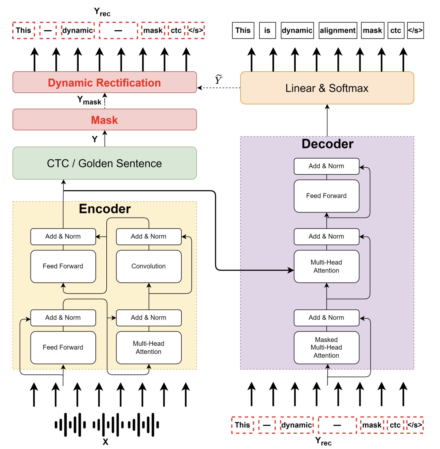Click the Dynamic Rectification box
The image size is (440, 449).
point(105,83)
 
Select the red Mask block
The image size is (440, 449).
point(105,120)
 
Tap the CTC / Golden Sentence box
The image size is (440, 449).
point(105,163)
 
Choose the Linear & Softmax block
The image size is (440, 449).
point(327,88)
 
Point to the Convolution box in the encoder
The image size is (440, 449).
point(149,266)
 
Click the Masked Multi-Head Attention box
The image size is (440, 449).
point(326,347)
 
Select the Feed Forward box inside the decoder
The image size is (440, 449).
point(326,196)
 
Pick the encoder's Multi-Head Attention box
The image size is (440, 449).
point(149,347)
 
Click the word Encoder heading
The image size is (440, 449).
point(105,209)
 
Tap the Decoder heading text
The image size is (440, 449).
point(327,144)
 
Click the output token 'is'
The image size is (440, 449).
point(267,31)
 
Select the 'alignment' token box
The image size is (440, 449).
point(338,31)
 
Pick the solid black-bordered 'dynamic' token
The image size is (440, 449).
point(297,31)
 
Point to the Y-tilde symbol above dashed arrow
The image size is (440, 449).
point(218,79)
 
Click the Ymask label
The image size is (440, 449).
point(89,100)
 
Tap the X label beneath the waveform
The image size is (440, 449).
point(105,442)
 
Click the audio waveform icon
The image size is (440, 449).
point(106,424)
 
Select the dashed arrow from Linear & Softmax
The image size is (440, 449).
point(219,88)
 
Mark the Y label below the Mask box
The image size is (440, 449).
point(95,139)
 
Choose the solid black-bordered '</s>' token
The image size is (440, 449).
point(415,31)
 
